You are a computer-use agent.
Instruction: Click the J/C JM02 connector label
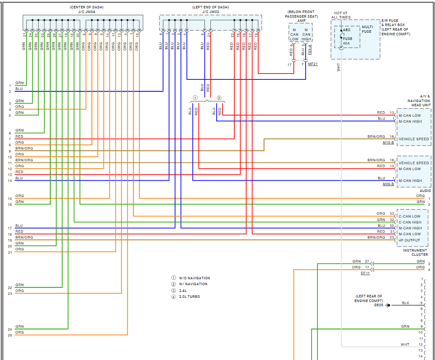(210, 12)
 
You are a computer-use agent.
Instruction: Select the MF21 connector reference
(313, 64)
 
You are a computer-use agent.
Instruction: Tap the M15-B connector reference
(388, 143)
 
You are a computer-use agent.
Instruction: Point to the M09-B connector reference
(388, 184)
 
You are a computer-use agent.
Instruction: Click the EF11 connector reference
(365, 273)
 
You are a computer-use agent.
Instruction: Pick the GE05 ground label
(379, 305)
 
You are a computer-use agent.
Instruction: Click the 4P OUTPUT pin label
(409, 240)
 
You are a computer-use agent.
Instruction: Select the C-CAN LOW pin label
(409, 216)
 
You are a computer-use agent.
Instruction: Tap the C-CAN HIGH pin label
(410, 222)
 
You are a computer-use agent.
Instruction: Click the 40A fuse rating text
(346, 43)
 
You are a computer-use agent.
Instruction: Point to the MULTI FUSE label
(367, 29)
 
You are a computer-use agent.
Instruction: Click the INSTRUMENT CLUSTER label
(415, 252)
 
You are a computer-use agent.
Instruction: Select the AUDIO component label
(425, 190)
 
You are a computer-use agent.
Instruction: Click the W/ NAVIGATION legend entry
(193, 284)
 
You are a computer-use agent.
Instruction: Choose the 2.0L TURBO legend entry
(189, 297)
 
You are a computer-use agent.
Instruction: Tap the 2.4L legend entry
(183, 290)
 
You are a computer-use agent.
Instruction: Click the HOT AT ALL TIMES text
(341, 15)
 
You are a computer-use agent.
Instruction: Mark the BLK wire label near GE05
(406, 303)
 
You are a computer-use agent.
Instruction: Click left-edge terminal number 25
(10, 335)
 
